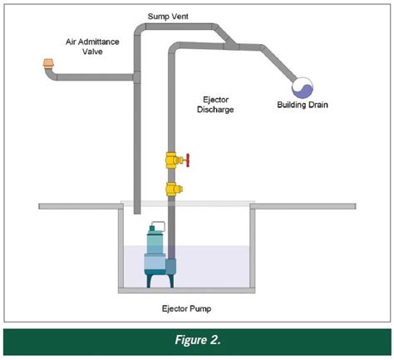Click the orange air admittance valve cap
pos(48,64)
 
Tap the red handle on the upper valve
pos(188,160)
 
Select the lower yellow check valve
pos(174,189)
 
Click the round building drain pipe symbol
pos(303,87)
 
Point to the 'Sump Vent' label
pos(168,17)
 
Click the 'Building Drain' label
pos(303,105)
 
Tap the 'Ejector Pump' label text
pos(186,308)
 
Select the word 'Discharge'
pos(215,110)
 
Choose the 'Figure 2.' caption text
pos(198,340)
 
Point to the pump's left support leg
pos(150,281)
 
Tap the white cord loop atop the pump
pos(159,225)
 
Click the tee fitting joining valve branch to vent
pos(136,77)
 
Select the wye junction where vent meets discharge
pos(230,44)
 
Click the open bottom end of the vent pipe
pos(137,213)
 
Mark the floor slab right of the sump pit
pos(303,206)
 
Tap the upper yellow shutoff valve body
pos(172,160)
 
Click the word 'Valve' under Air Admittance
pos(92,52)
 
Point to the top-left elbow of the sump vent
pos(140,29)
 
